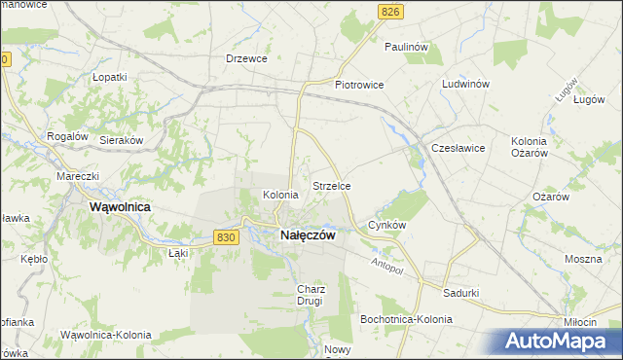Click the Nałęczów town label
(x=308, y=234)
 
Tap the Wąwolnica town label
(x=119, y=207)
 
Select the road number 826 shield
(x=390, y=11)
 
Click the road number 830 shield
(x=226, y=236)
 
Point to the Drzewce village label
(x=246, y=58)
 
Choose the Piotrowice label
(x=359, y=85)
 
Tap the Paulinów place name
(x=407, y=46)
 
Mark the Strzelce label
(x=331, y=185)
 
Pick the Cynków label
(x=386, y=225)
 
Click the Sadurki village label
(x=460, y=292)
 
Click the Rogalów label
(x=67, y=136)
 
